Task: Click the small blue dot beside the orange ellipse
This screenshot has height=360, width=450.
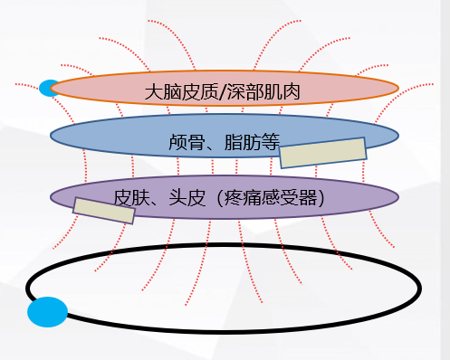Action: tap(47, 88)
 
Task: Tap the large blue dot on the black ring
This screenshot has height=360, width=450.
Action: tap(47, 312)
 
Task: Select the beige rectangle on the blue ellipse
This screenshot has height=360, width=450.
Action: tap(323, 153)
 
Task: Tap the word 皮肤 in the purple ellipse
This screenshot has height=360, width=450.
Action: tap(129, 196)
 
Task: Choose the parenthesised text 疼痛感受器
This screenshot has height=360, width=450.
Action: tap(265, 196)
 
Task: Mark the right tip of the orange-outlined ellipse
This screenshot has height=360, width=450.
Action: tap(397, 88)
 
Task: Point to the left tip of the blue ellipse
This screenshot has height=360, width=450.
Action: tap(52, 137)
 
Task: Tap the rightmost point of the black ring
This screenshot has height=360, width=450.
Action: tap(418, 287)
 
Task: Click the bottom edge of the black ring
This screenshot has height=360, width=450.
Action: tap(226, 326)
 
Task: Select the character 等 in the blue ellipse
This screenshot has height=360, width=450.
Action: tap(269, 143)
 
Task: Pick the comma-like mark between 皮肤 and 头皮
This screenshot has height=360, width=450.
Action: tap(154, 200)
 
